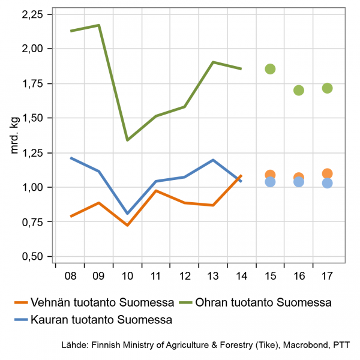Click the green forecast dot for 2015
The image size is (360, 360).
[x=270, y=69]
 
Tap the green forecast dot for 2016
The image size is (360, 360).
[x=299, y=90]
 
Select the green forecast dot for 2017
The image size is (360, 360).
[x=327, y=88]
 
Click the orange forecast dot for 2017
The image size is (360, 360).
[x=327, y=174]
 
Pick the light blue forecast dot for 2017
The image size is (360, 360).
[x=327, y=183]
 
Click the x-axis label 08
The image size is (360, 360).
[x=70, y=277]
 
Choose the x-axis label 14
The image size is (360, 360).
[x=241, y=277]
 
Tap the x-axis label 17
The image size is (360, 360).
[x=327, y=277]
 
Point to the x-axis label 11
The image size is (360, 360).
[x=155, y=277]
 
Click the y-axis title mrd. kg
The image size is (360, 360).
[x=15, y=136]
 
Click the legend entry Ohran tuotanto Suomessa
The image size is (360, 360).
[x=263, y=301]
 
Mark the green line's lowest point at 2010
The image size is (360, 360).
[x=127, y=140]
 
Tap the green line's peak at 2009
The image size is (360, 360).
[x=98, y=25]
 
